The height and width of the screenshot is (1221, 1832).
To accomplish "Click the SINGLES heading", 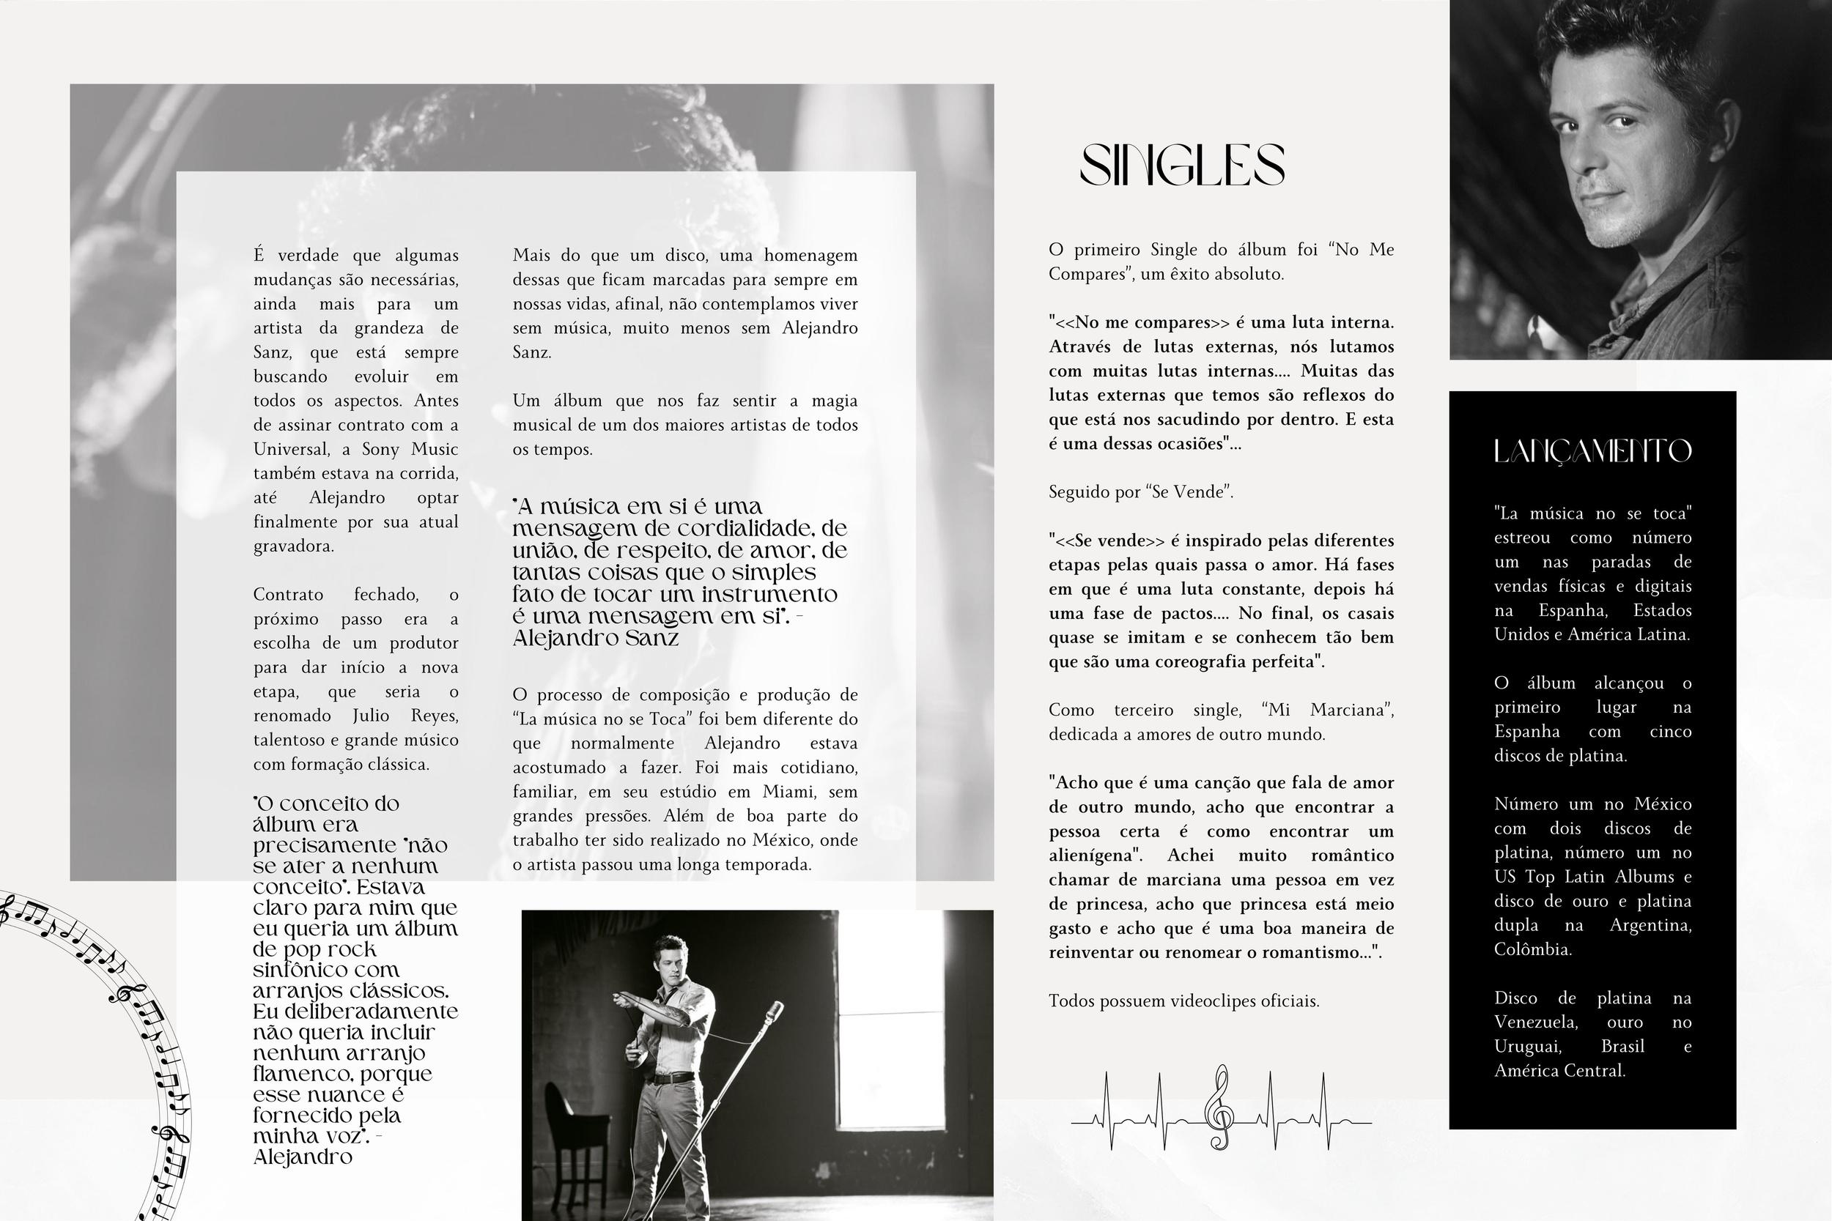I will point(1181,164).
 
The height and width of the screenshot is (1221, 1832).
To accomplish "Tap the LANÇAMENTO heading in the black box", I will point(1592,451).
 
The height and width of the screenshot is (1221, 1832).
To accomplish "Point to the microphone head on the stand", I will point(775,1012).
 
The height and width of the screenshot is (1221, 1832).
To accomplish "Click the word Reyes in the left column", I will point(434,716).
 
